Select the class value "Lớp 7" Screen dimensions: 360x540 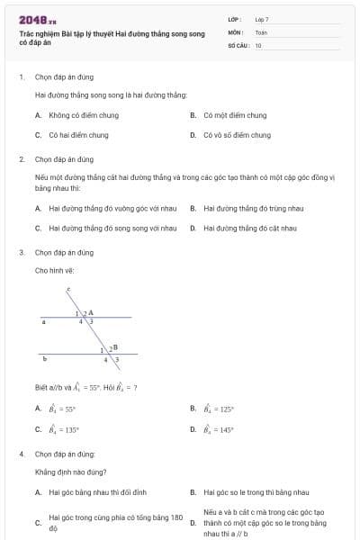point(262,19)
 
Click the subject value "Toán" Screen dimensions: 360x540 point(261,31)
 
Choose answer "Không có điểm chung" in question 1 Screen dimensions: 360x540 point(77,115)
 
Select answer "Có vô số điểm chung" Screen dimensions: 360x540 point(237,135)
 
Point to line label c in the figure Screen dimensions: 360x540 point(68,290)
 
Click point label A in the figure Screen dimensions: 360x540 point(91,311)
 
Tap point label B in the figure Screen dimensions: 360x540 point(115,346)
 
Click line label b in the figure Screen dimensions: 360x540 point(45,358)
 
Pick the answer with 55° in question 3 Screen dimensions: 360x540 point(63,409)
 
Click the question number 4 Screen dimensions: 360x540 point(22,454)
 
